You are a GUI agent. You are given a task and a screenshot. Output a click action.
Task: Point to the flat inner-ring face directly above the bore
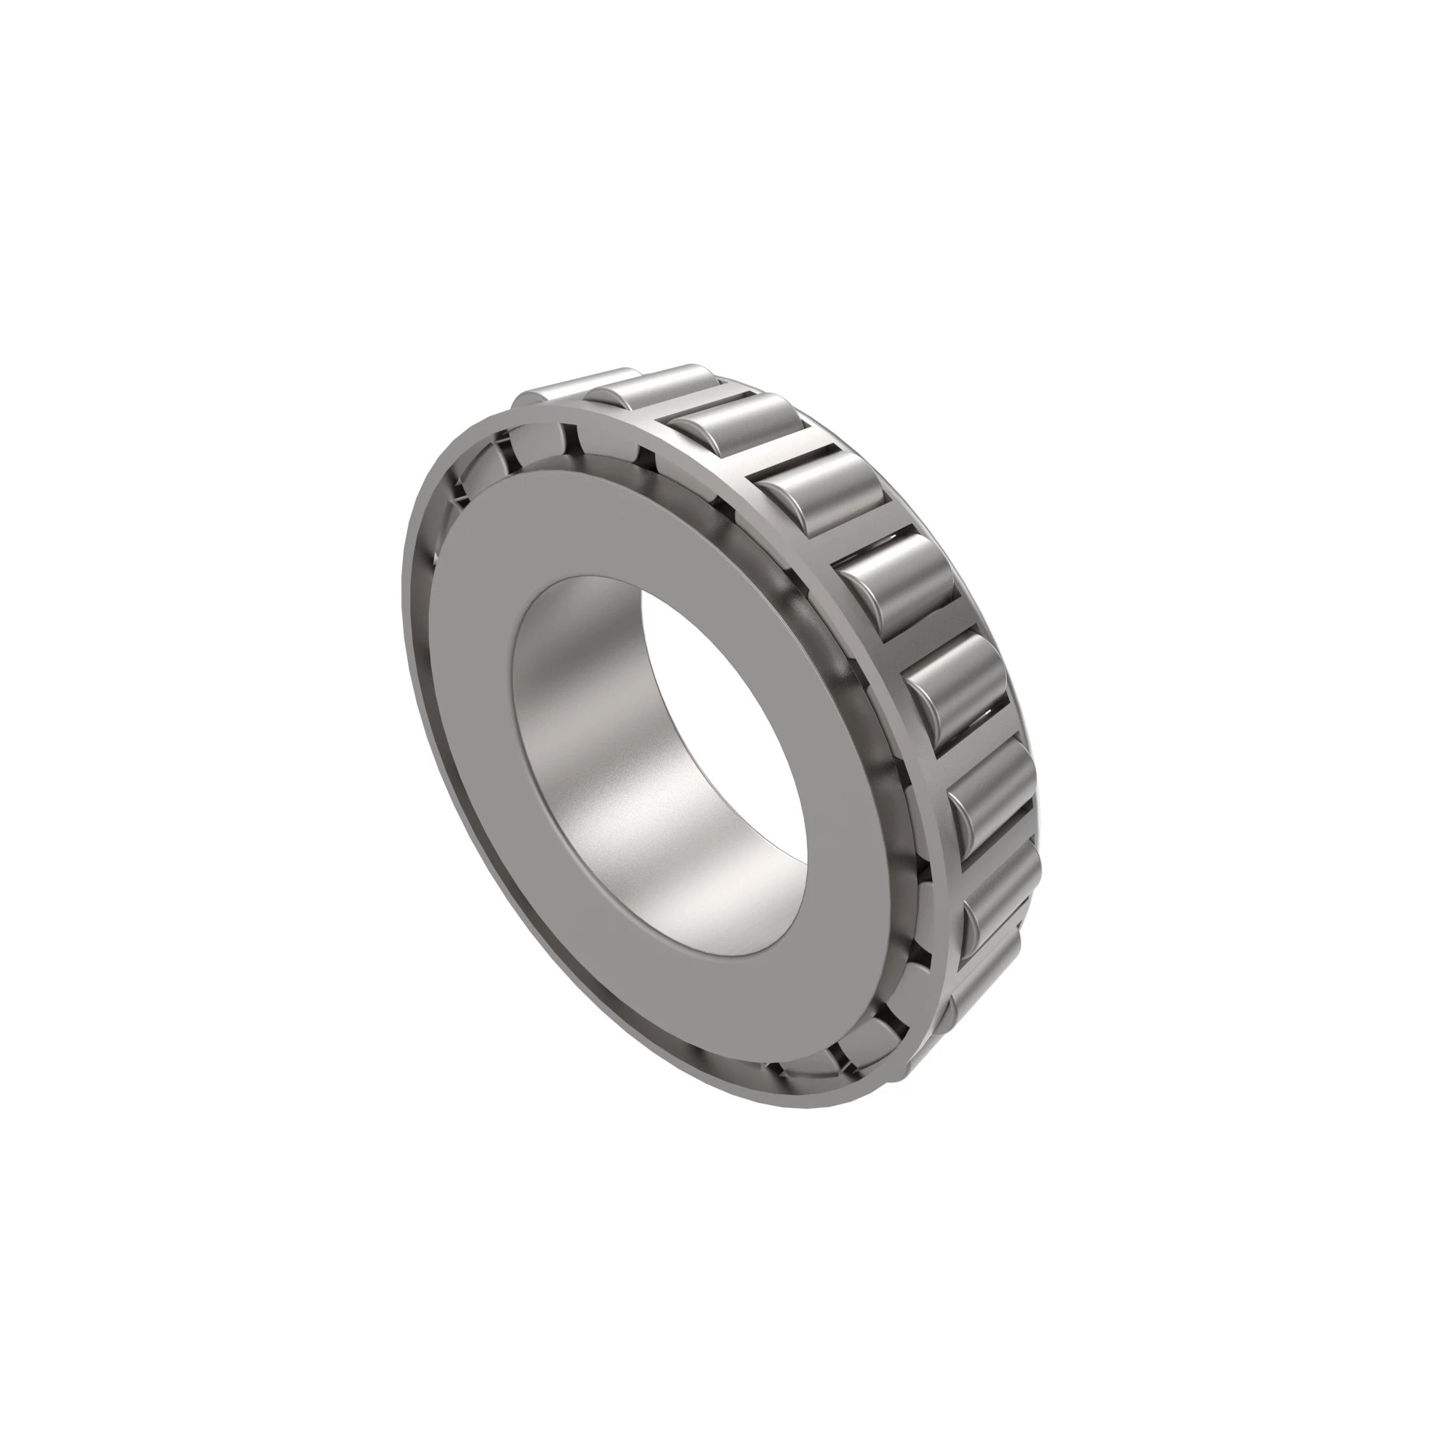[602, 527]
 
